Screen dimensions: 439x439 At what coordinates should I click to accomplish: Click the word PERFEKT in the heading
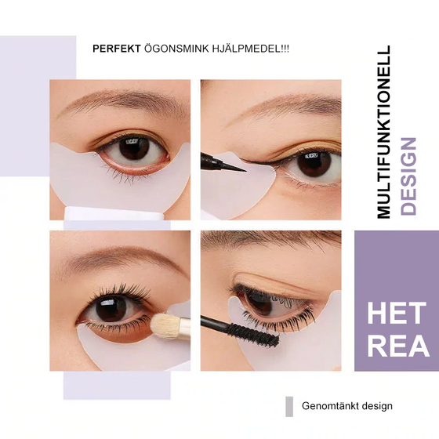coord(116,48)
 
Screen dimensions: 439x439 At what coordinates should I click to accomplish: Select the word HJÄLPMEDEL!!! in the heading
coord(247,48)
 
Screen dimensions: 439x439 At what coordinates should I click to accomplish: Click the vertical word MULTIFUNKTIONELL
coord(383,132)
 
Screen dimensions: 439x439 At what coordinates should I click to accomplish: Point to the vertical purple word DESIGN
coord(408,176)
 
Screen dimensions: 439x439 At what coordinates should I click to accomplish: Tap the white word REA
coord(397,346)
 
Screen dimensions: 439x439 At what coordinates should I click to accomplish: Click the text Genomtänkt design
coord(346,406)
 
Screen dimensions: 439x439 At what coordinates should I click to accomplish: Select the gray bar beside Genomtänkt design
coord(289,406)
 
